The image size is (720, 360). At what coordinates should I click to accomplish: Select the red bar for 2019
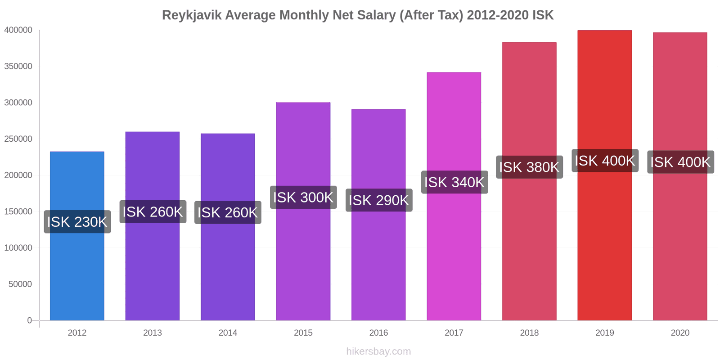[x=604, y=247]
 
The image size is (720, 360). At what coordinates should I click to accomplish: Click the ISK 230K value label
[x=77, y=222]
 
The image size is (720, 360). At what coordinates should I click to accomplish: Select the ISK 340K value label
[x=454, y=182]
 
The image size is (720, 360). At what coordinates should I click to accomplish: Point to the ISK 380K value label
[x=529, y=167]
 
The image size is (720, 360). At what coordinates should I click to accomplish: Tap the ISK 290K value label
[x=379, y=200]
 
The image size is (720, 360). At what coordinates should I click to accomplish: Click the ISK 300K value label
[x=303, y=197]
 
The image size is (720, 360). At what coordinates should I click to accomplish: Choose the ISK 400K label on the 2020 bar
[x=680, y=162]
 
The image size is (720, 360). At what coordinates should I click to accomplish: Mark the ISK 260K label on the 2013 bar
[x=153, y=211]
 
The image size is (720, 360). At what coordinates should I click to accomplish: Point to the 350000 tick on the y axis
[x=18, y=66]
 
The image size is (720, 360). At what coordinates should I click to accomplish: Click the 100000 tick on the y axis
[x=18, y=248]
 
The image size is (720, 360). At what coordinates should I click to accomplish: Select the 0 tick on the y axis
[x=30, y=320]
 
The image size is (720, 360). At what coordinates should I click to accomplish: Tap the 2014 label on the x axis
[x=228, y=333]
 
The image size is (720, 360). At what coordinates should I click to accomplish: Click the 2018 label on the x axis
[x=529, y=333]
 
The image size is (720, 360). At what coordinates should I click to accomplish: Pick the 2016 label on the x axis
[x=378, y=333]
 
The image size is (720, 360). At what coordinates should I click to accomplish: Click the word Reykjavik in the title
[x=191, y=15]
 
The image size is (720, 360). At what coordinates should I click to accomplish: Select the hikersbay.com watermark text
[x=378, y=351]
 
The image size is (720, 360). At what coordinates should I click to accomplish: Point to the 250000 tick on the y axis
[x=18, y=139]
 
